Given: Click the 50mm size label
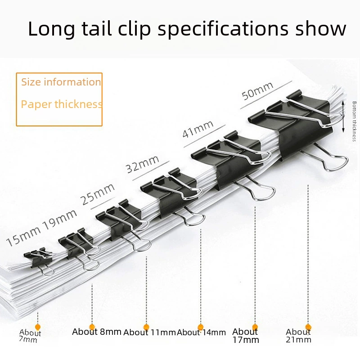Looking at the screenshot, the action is [257, 91].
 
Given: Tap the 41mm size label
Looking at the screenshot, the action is [198, 129].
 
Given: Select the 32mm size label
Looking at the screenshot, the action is [143, 164].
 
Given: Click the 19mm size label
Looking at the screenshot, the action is [60, 220].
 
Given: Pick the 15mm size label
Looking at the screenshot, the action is [23, 237].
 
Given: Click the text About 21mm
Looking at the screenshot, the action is [298, 335].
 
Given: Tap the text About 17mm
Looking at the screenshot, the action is [245, 335].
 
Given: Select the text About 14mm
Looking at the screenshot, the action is [201, 333].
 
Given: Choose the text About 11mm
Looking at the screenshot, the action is [149, 333].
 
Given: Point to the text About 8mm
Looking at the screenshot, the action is [97, 332].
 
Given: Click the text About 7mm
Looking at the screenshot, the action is [30, 336].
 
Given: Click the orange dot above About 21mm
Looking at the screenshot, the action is [308, 327].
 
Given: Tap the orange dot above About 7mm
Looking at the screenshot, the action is [38, 327].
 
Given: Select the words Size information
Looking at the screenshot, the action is [61, 82].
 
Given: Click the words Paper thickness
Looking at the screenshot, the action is [62, 104].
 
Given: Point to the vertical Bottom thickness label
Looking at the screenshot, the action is [354, 121].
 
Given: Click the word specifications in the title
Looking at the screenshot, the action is [222, 29].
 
